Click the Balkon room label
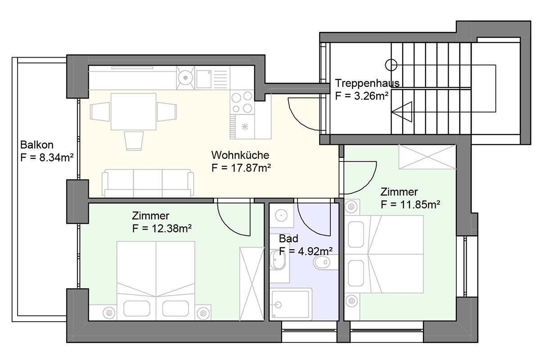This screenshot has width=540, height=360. [36, 145]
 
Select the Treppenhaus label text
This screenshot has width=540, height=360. [367, 83]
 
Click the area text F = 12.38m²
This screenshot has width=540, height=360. [162, 228]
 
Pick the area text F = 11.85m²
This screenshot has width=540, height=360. [410, 204]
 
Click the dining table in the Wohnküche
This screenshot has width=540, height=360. [133, 112]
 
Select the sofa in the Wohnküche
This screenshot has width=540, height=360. [148, 183]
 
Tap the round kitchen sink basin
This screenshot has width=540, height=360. [185, 78]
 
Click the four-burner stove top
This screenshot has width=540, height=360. [242, 102]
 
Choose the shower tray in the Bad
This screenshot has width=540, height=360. [291, 304]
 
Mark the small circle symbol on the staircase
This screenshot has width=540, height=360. [391, 65]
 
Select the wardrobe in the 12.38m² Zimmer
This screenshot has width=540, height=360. [252, 284]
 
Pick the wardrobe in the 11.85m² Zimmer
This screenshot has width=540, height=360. [427, 157]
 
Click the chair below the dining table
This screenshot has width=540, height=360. [134, 141]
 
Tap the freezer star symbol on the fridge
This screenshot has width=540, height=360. [245, 127]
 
